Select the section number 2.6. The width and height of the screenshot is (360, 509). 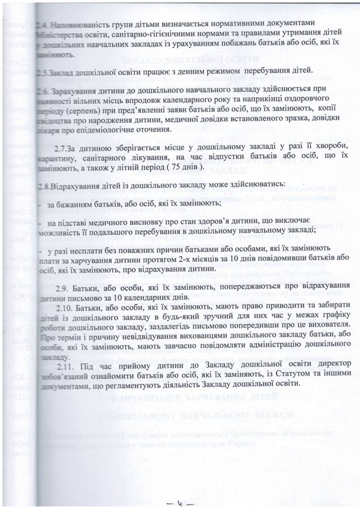[41, 91]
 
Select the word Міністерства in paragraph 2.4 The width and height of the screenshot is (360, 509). [61, 34]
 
